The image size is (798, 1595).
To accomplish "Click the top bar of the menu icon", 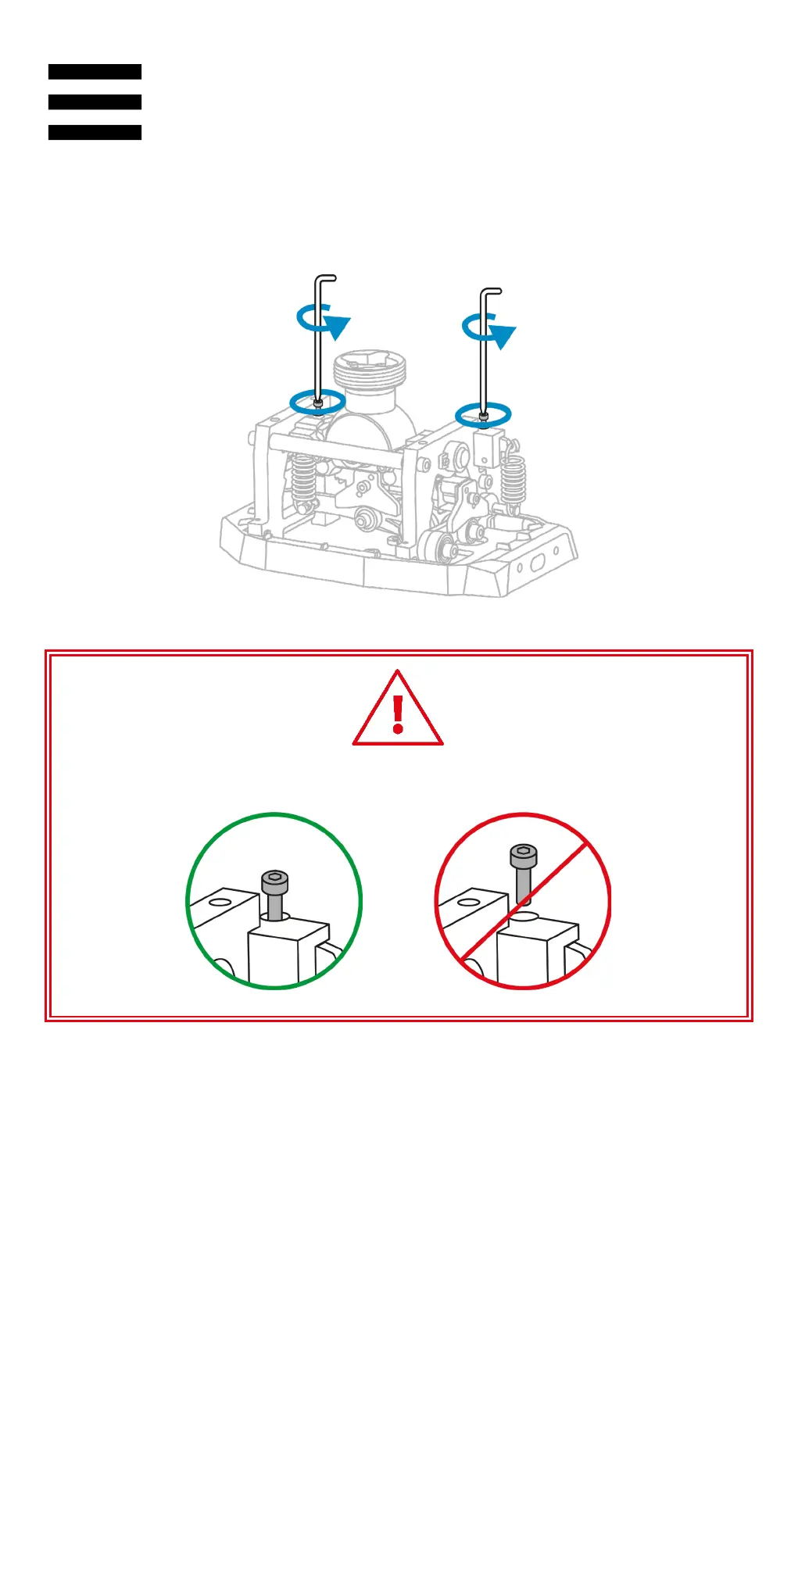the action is click(95, 72).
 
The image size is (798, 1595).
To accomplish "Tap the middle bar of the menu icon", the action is click(95, 102).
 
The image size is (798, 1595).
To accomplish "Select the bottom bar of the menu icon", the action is click(95, 133).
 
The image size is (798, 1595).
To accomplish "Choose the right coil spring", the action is click(513, 481).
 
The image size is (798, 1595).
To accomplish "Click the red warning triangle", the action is click(398, 710).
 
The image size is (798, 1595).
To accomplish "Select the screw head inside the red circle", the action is click(523, 855).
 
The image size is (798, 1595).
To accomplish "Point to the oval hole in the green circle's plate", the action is click(220, 903).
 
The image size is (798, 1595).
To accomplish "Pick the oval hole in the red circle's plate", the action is click(468, 903).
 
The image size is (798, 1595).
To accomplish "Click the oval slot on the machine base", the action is click(538, 563).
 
